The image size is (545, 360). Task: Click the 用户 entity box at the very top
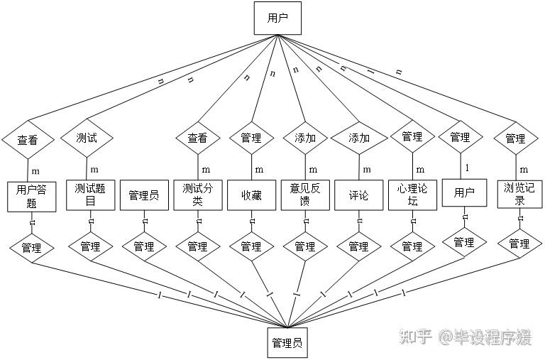point(277,18)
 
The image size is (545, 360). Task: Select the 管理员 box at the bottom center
point(287,343)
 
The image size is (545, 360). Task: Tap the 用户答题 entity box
point(31,196)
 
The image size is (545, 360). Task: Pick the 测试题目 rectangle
point(90,195)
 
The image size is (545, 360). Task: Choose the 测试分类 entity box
point(197,195)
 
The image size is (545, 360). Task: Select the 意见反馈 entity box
point(305,195)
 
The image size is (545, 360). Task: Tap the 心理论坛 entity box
point(412,195)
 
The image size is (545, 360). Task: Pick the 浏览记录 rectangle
point(519,195)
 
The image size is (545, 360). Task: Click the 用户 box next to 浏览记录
point(464,192)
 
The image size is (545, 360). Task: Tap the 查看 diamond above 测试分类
point(197,138)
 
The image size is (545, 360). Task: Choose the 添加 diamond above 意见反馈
point(305,138)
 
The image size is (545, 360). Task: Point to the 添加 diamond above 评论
point(359,138)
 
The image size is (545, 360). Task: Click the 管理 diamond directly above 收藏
point(251,138)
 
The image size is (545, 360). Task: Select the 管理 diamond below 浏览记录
point(519,244)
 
